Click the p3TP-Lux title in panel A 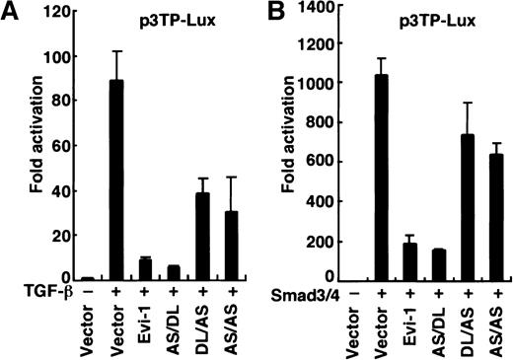tap(165, 19)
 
